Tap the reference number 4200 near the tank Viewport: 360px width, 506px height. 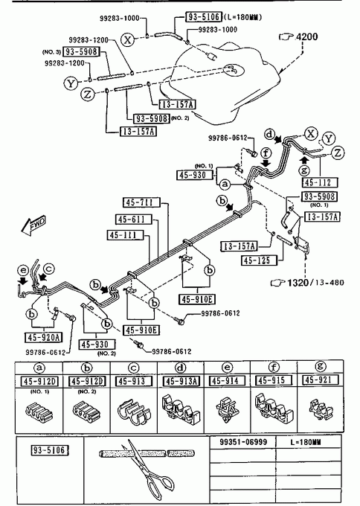[306, 36]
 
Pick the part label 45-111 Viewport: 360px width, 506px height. [125, 235]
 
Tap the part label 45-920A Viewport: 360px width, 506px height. [43, 338]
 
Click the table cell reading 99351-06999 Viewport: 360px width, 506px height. [243, 442]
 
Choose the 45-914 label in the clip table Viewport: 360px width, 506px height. [226, 380]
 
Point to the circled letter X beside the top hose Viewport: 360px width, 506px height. [128, 39]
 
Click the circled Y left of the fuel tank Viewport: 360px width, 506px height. [71, 83]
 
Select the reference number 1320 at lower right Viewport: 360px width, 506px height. [298, 283]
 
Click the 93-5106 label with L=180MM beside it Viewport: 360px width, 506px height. [204, 17]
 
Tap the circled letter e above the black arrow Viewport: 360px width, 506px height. [23, 270]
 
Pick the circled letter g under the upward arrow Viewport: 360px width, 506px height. [304, 170]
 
